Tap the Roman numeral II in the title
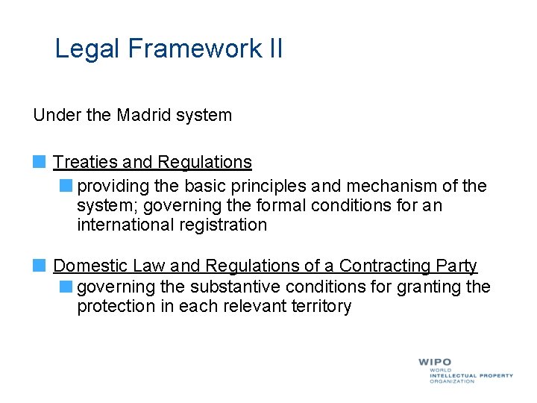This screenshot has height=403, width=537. [x=274, y=49]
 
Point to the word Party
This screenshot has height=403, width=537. [x=456, y=266]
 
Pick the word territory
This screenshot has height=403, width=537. [x=318, y=306]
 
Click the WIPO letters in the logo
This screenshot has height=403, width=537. [x=435, y=362]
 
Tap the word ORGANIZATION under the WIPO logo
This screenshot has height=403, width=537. [x=451, y=381]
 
